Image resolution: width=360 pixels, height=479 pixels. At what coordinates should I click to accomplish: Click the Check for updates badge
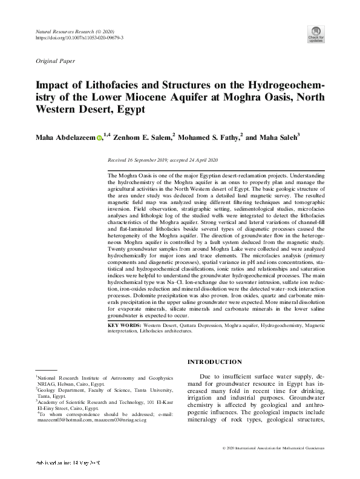316,33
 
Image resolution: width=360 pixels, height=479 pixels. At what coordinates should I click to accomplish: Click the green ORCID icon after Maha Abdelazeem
99,139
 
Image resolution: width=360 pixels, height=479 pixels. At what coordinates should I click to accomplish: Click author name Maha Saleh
278,138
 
